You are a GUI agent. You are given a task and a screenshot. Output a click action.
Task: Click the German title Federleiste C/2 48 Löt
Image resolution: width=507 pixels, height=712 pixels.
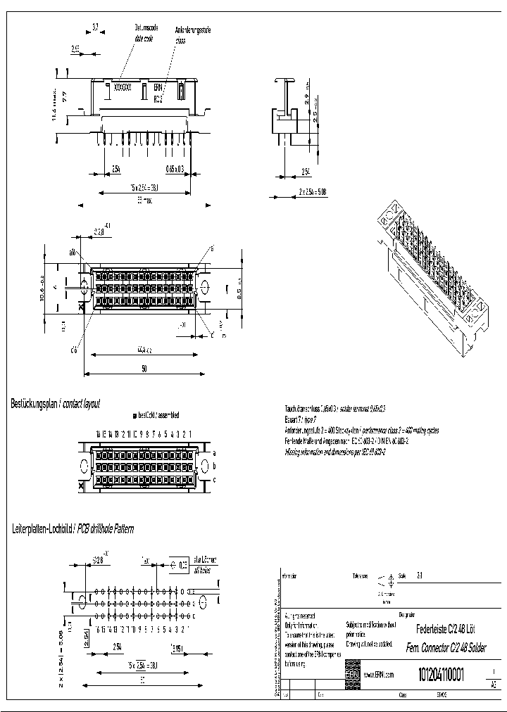446,632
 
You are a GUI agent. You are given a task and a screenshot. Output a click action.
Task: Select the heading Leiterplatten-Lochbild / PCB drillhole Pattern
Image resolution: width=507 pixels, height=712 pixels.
73,528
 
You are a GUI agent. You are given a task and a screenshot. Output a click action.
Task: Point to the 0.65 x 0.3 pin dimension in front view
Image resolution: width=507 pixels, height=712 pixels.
175,170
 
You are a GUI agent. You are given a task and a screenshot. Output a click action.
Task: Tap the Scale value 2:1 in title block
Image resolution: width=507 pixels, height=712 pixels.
420,576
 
